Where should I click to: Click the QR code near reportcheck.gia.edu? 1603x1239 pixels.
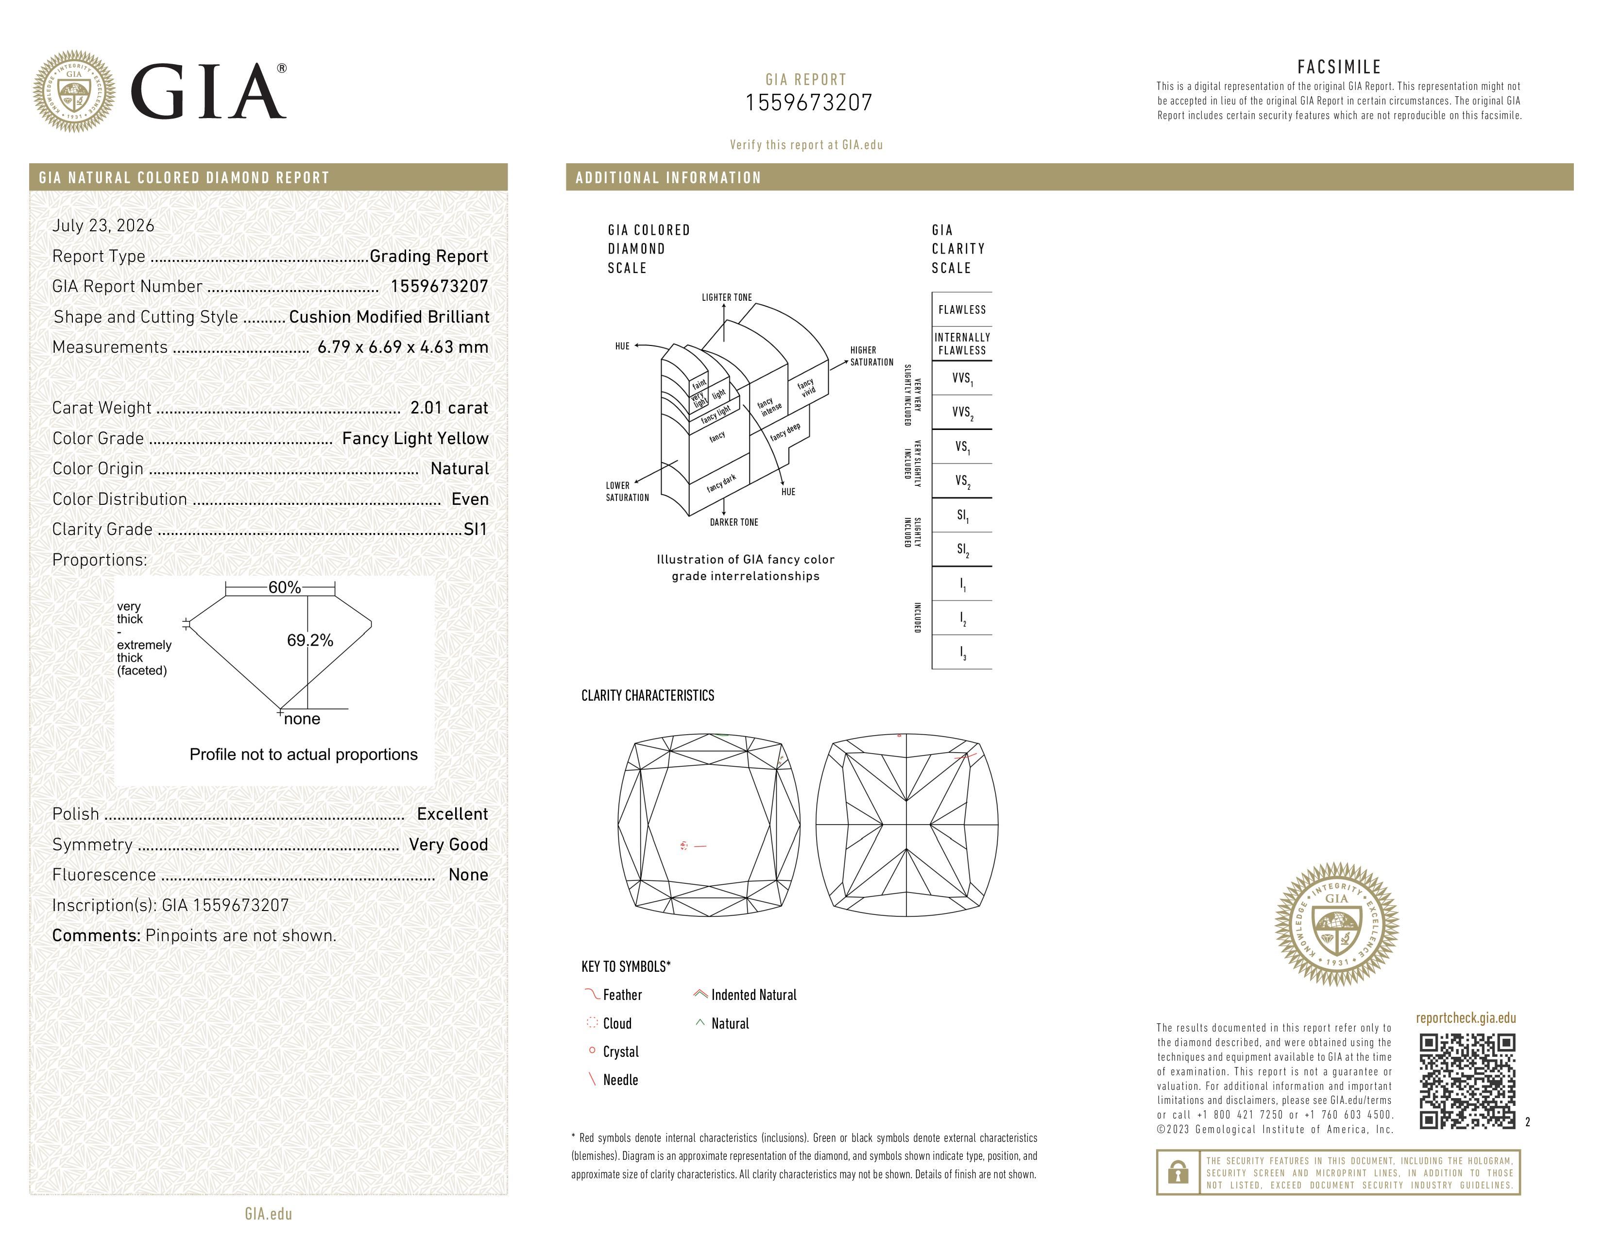tap(1467, 1081)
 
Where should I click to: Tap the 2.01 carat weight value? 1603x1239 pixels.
tap(449, 408)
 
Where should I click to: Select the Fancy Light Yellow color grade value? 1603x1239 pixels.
tap(415, 439)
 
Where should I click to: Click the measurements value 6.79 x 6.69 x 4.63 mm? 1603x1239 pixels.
tap(403, 347)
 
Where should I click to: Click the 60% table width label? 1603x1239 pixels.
tap(284, 587)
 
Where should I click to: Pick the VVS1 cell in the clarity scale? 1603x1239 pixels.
tap(961, 379)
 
